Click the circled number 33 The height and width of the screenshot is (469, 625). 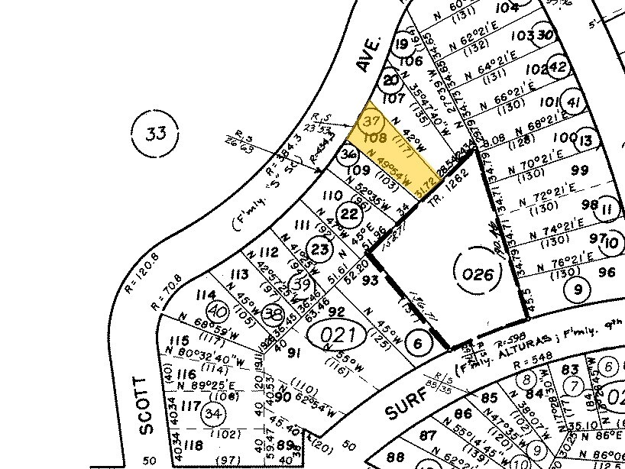156,134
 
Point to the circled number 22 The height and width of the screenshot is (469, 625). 349,215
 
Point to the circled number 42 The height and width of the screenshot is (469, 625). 558,67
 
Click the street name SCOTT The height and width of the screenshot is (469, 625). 146,406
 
